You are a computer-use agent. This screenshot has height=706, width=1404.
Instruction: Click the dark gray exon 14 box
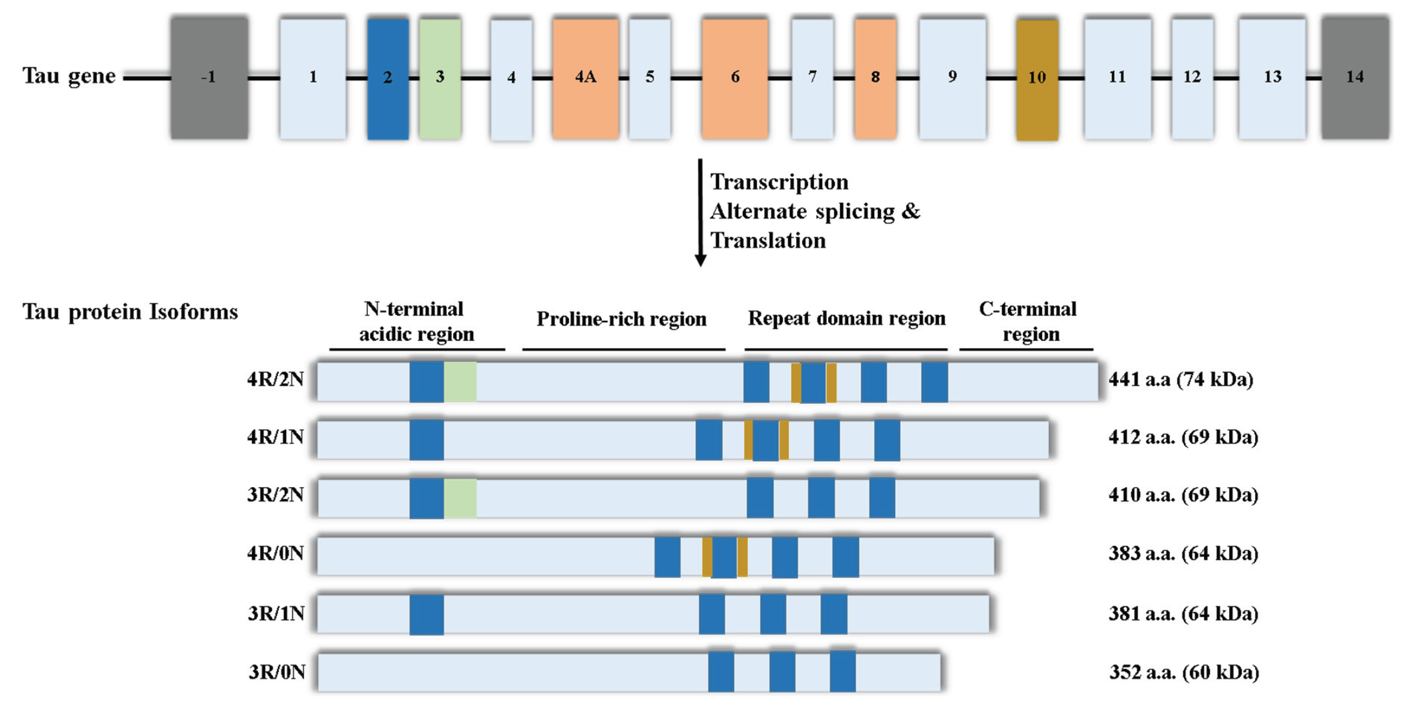tap(1355, 78)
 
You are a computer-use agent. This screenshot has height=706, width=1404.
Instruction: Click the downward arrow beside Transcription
tap(701, 213)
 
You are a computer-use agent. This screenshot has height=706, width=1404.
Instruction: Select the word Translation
tap(768, 241)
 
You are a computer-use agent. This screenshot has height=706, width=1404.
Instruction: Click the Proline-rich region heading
tap(621, 319)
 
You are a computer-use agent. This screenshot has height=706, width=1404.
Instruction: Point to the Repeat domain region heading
tap(846, 318)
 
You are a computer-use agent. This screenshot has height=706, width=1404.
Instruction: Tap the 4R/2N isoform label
tap(275, 379)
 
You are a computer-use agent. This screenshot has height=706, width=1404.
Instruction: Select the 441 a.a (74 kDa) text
tap(1181, 379)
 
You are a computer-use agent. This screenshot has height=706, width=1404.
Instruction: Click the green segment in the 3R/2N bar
tap(460, 498)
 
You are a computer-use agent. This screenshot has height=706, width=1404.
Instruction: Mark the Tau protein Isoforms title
tap(130, 312)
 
